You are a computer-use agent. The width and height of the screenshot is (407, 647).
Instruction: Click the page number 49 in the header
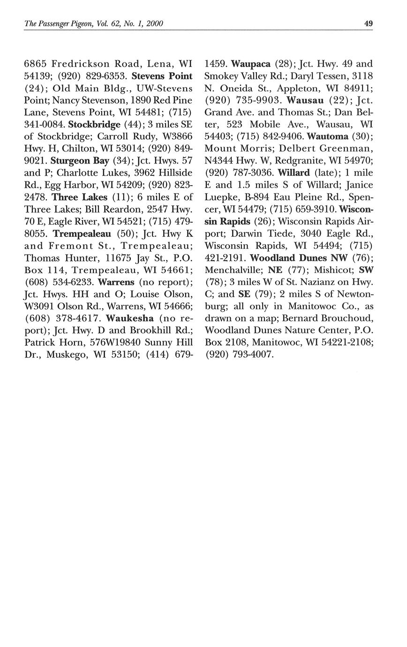click(368, 23)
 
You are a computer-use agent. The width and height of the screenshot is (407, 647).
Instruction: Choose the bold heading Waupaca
click(251, 64)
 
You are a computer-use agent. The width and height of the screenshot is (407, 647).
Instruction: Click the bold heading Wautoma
click(327, 136)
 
